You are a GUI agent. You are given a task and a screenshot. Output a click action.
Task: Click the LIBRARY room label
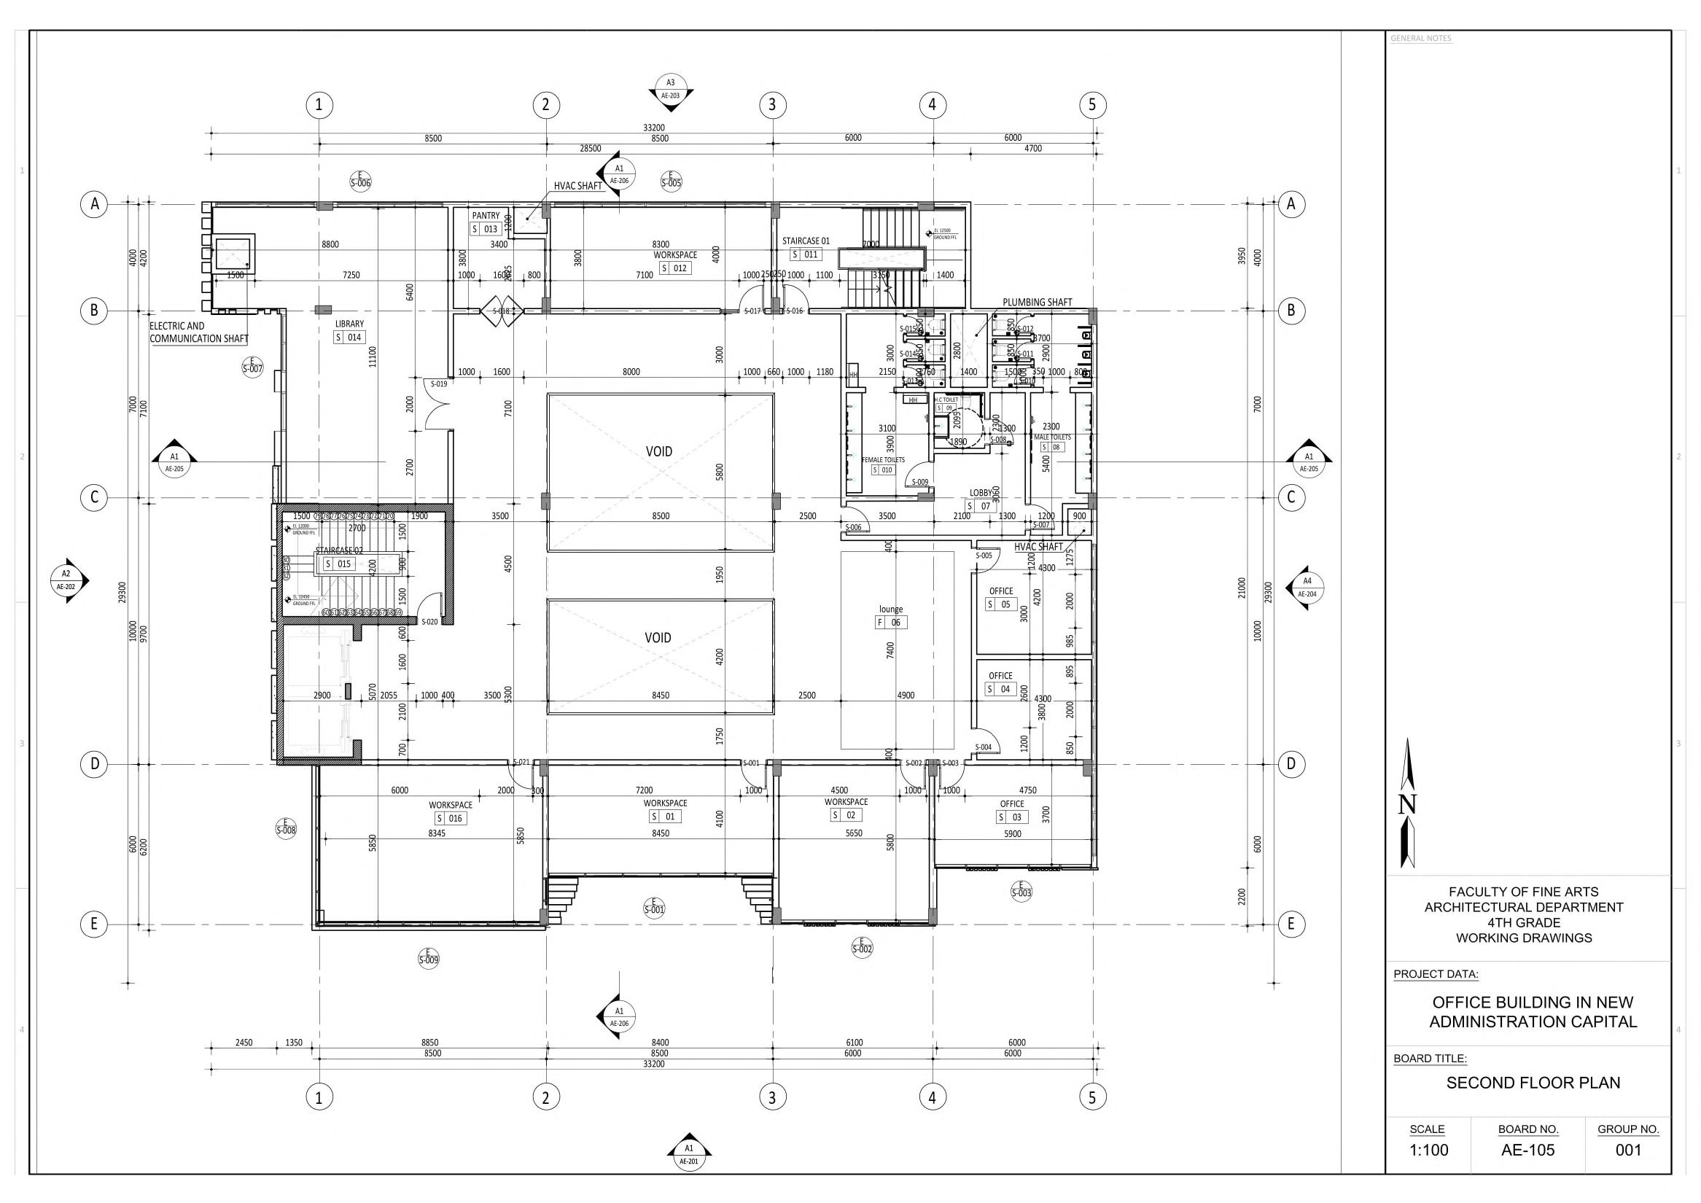[349, 324]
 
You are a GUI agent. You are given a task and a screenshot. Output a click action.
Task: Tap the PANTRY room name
[486, 216]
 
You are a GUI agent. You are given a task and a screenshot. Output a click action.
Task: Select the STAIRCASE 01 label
[806, 241]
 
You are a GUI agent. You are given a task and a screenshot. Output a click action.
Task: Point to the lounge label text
[891, 609]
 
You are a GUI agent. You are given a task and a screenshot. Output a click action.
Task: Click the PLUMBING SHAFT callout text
[1038, 303]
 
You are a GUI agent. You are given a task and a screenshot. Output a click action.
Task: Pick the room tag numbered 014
[349, 338]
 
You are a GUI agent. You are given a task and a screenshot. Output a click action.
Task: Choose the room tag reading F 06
[890, 622]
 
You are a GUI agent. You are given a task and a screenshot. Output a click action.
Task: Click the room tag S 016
[450, 819]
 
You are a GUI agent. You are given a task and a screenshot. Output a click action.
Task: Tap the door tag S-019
[439, 384]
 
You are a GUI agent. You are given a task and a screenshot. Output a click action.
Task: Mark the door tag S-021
[521, 762]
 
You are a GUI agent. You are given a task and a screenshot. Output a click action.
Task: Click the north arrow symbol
[1407, 803]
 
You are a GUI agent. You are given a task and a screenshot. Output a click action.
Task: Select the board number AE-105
[1527, 1151]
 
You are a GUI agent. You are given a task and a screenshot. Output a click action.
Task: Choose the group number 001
[1628, 1151]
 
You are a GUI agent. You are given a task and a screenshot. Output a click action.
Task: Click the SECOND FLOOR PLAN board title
[1533, 1083]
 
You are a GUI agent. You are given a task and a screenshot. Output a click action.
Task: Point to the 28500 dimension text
[590, 148]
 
